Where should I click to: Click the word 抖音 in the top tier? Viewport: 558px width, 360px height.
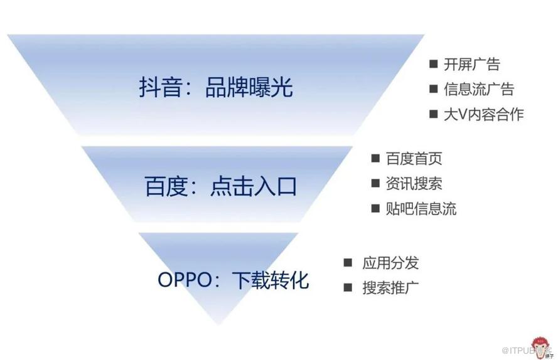(x=159, y=88)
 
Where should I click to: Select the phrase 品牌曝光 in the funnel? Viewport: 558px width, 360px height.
(x=249, y=88)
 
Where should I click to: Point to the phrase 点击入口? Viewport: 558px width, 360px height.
(x=254, y=187)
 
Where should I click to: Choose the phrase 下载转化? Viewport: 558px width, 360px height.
(x=271, y=280)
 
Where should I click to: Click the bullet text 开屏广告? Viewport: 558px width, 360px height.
(x=471, y=64)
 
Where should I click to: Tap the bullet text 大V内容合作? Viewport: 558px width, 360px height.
(x=483, y=114)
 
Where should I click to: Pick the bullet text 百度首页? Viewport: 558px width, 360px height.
(x=414, y=159)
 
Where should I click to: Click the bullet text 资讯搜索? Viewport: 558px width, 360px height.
(x=414, y=183)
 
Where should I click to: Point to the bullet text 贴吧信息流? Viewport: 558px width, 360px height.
(x=421, y=208)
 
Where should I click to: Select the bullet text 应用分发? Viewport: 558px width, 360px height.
(x=390, y=263)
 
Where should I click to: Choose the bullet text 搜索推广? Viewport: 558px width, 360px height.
(x=390, y=288)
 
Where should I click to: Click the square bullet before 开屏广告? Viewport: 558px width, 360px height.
(x=433, y=64)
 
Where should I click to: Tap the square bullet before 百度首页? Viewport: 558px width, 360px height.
(x=375, y=159)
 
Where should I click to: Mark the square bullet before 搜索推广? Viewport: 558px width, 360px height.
(x=348, y=288)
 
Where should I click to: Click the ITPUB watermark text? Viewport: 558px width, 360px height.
(x=519, y=349)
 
